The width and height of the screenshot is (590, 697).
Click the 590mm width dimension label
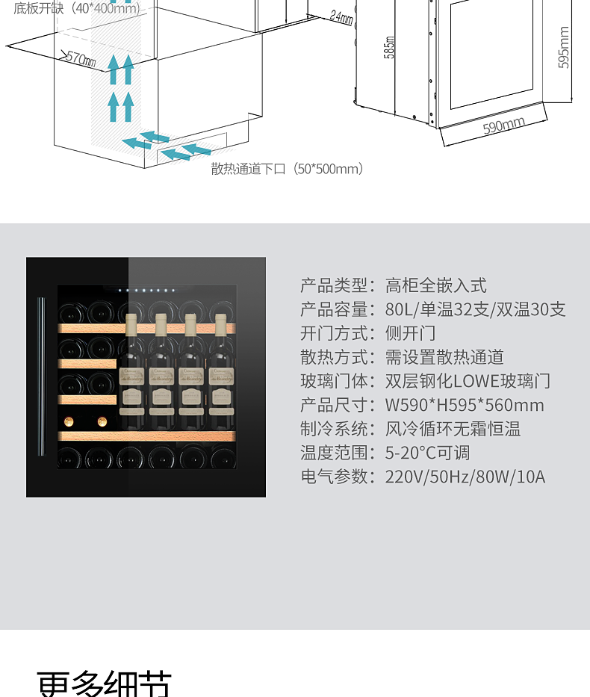point(503,126)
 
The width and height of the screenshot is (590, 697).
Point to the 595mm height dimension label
point(564,48)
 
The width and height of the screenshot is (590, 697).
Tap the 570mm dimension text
point(81,58)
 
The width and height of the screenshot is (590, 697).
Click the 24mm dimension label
point(341,16)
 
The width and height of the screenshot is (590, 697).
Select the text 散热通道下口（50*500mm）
point(288,169)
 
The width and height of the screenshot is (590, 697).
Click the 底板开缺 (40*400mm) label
point(77,7)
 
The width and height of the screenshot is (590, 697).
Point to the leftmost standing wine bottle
point(131,370)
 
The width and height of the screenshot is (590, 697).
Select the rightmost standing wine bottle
point(220,370)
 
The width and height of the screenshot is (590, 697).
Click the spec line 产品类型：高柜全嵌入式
point(394,285)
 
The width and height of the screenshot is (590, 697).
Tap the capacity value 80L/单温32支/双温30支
point(475,309)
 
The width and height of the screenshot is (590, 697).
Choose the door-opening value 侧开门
point(410,333)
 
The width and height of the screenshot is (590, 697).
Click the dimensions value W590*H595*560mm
point(465,405)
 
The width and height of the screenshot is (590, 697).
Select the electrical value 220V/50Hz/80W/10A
point(465,477)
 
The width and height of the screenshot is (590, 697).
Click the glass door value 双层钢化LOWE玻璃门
point(468,381)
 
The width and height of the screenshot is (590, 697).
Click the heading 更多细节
point(105,684)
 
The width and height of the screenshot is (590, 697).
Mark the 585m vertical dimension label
point(389,48)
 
